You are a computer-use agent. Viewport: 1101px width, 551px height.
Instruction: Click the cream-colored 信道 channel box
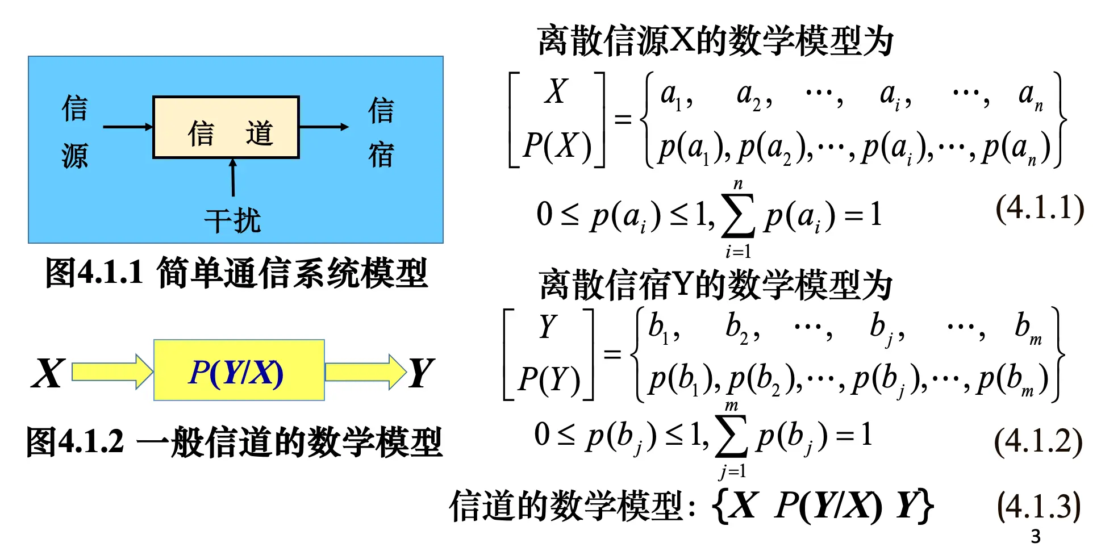pyautogui.click(x=226, y=127)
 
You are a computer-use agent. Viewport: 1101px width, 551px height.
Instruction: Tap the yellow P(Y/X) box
pyautogui.click(x=239, y=370)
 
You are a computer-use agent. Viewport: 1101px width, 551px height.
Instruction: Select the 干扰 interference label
pyautogui.click(x=232, y=221)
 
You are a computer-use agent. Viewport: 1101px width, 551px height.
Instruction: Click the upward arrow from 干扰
pyautogui.click(x=233, y=178)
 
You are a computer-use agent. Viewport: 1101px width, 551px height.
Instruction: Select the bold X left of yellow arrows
pyautogui.click(x=48, y=373)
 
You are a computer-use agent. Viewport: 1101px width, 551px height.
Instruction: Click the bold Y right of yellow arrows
pyautogui.click(x=422, y=373)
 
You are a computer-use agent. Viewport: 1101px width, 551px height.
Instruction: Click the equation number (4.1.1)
pyautogui.click(x=1040, y=208)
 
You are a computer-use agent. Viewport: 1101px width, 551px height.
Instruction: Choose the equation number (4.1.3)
pyautogui.click(x=1039, y=506)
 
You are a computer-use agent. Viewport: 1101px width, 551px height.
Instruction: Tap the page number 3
pyautogui.click(x=1036, y=536)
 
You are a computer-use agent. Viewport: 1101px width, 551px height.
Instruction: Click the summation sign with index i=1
pyautogui.click(x=738, y=216)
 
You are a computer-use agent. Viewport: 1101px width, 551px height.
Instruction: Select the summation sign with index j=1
pyautogui.click(x=732, y=437)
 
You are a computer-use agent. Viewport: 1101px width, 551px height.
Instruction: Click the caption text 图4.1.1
pyautogui.click(x=94, y=272)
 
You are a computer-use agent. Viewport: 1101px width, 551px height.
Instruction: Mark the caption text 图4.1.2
pyautogui.click(x=74, y=441)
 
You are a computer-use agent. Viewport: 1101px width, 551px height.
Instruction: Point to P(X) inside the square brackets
pyautogui.click(x=557, y=146)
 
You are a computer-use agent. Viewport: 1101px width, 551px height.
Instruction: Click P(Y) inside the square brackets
pyautogui.click(x=549, y=379)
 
